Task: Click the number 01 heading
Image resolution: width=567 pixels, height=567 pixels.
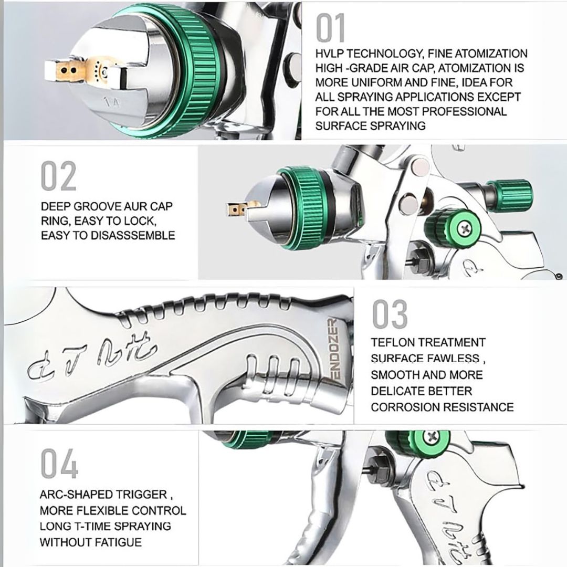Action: (x=330, y=29)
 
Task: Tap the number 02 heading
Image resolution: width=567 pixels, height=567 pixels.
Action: (x=59, y=177)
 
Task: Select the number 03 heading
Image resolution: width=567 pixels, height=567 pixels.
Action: (x=390, y=314)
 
